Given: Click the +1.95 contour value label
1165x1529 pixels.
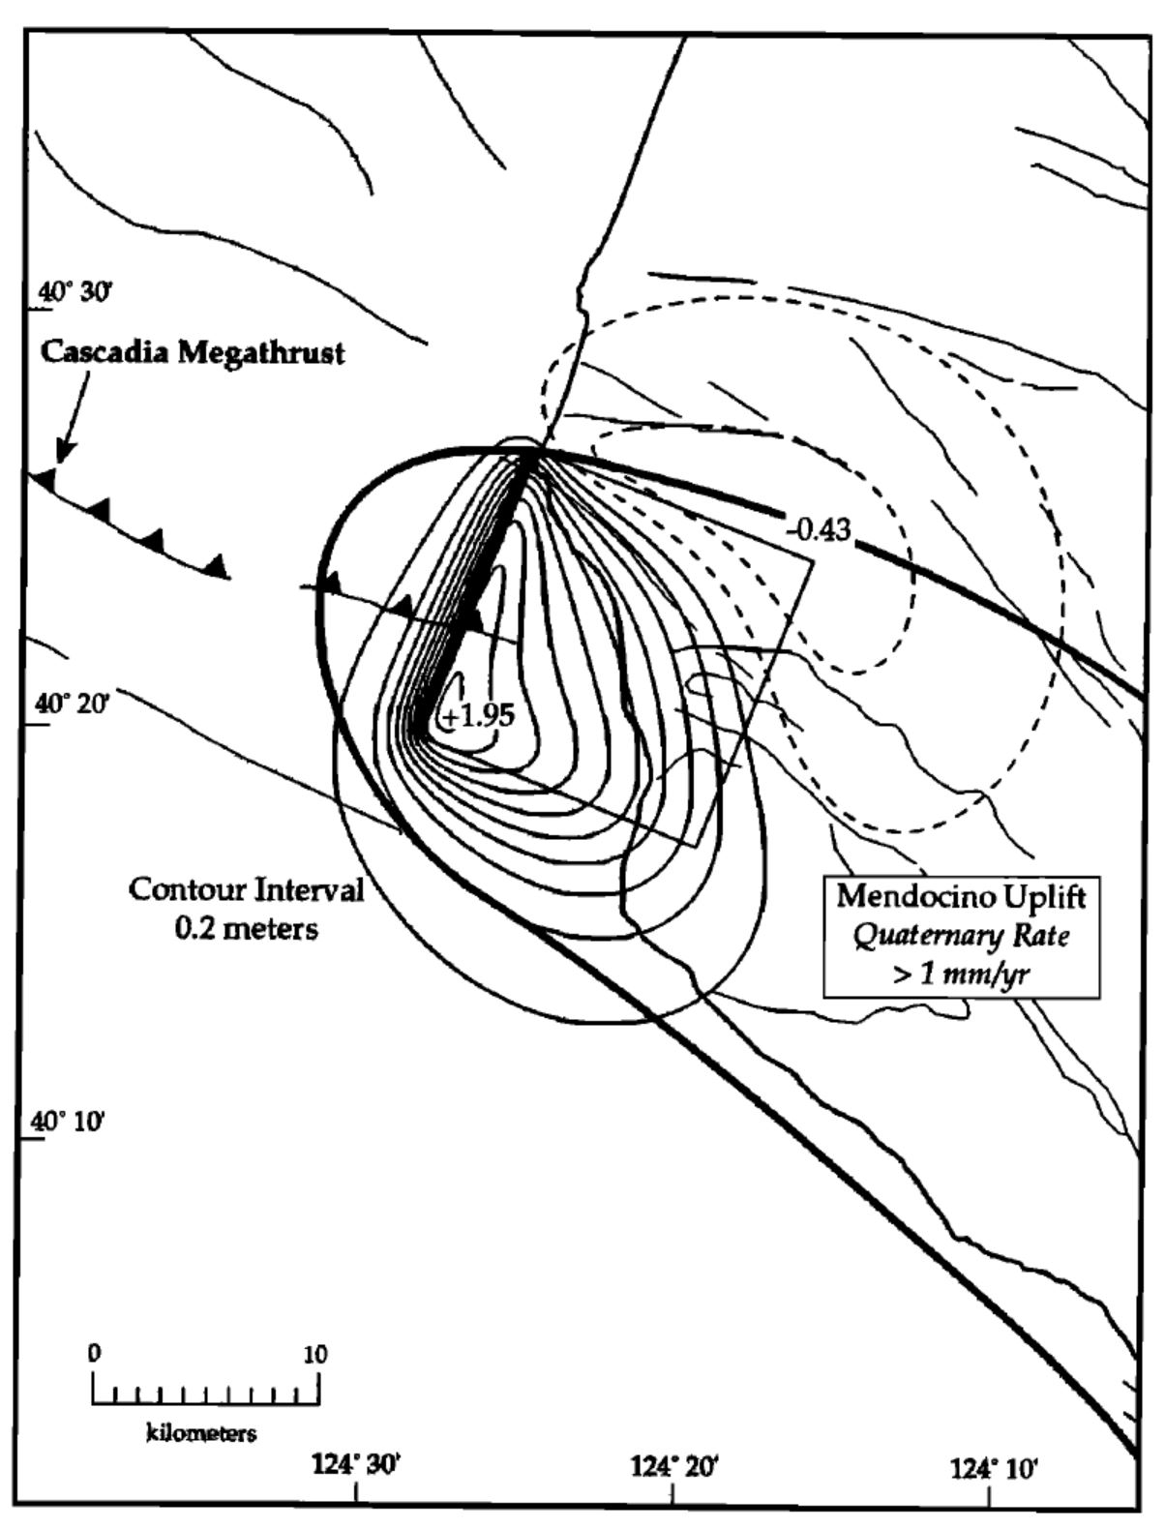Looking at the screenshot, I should [x=477, y=717].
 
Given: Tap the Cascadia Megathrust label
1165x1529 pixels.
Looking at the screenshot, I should [x=192, y=352].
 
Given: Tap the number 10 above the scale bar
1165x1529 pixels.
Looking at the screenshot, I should [x=315, y=1354].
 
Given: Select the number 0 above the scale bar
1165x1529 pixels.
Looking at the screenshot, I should [x=93, y=1354].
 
